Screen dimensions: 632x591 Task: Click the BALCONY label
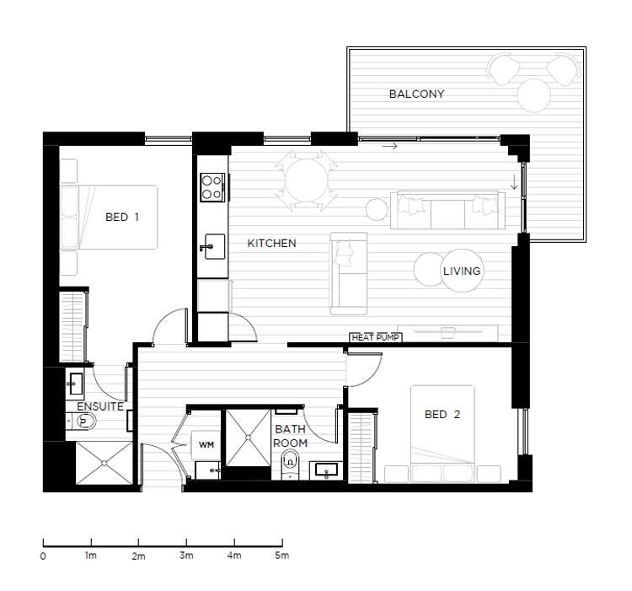coord(416,94)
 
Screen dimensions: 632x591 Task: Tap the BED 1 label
coord(122,217)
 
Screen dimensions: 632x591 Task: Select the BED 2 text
coord(442,415)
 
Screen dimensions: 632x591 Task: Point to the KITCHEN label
coord(271,243)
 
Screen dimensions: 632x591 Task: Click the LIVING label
coord(462,271)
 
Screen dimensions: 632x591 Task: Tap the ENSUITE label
coord(100,406)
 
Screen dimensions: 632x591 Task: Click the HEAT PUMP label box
coord(376,337)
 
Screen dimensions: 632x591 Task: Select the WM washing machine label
coord(206,445)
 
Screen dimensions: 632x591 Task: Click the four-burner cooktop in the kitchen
coord(212,187)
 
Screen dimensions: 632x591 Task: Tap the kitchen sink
coord(214,246)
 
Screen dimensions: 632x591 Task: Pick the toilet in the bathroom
coord(290,465)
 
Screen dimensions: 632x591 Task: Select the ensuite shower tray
coord(104,463)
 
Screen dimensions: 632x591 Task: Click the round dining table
coord(307,180)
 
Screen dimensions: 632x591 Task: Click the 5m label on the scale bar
coord(282,555)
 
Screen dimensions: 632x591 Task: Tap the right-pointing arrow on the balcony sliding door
coord(390,147)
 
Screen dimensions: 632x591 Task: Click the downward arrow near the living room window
coord(514,181)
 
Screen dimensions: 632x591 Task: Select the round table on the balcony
coord(534,95)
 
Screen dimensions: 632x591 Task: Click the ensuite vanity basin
coord(75,383)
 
